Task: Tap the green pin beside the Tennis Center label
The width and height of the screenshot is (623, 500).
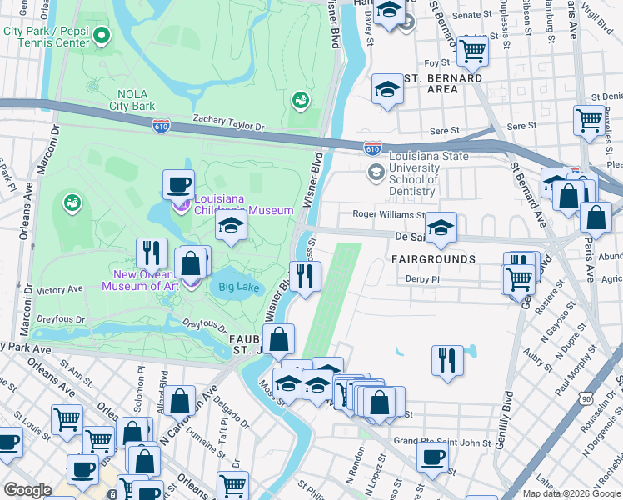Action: [x=102, y=36]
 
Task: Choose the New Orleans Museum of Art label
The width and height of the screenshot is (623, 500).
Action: [x=140, y=280]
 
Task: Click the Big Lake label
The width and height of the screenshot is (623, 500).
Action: [x=238, y=288]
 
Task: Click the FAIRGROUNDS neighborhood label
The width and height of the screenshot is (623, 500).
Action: [x=433, y=259]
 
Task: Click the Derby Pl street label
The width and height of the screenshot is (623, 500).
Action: [x=421, y=278]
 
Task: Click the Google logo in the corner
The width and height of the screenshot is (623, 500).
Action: [x=28, y=490]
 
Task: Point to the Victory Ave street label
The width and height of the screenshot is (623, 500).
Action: [x=61, y=290]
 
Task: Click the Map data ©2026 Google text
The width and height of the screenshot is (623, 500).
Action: [x=570, y=493]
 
